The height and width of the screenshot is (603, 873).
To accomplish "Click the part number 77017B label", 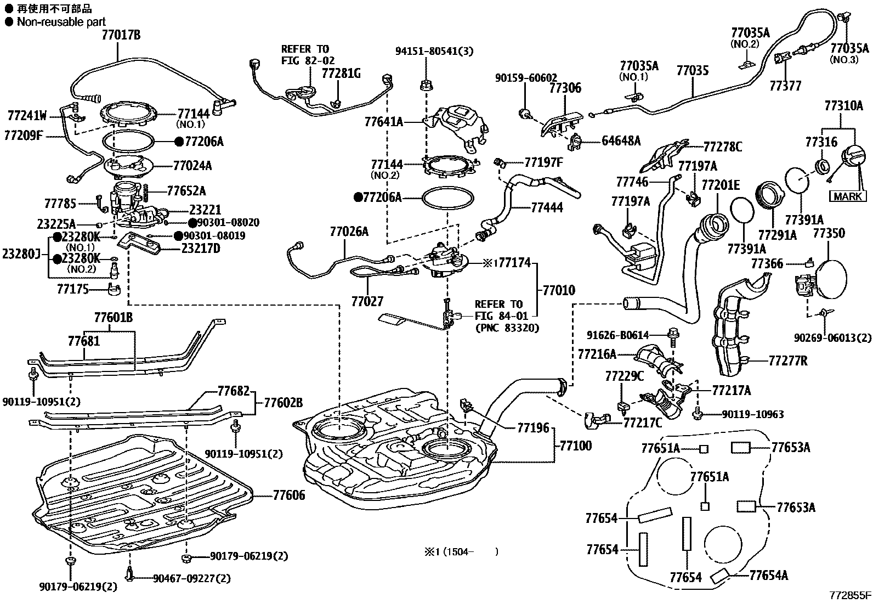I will pos(121,35).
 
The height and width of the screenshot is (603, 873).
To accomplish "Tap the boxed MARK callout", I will pos(848,196).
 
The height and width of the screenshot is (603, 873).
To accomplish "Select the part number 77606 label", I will pos(290,495).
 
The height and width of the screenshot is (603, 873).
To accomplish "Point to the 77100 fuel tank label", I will pos(575,446).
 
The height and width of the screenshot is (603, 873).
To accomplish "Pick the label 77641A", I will pos(384,122).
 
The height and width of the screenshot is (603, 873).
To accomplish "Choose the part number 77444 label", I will pos(547,208).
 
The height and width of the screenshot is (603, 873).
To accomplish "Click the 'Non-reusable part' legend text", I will pos(61,22).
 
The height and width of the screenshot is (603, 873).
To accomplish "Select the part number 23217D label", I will pos(201,249).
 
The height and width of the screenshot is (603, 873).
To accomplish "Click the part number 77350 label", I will pos(829,234).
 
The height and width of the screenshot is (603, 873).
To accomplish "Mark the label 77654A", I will pos(768,575).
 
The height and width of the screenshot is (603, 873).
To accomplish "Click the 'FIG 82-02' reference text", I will pos(307,60).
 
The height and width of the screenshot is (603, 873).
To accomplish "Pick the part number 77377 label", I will pos(785,86).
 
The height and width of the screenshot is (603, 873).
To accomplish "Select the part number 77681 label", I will pos(84,341).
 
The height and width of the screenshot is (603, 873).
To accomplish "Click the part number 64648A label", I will pos(621,141).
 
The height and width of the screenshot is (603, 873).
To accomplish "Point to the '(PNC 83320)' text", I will pos(507,328).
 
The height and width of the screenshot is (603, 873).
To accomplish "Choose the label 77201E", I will pos(721,185).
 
